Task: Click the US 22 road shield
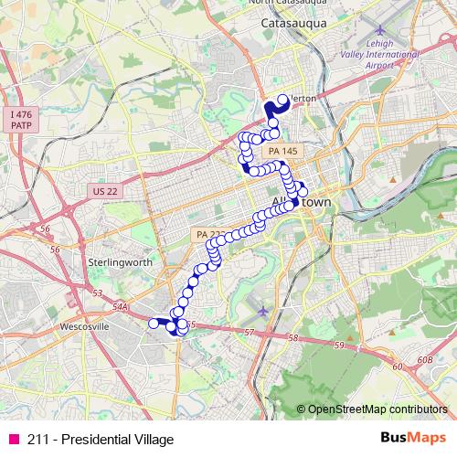coord(105,189)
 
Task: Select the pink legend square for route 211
coord(13,439)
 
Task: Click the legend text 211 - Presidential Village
coord(100,439)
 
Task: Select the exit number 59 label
coord(339,345)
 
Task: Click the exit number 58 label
coord(293,338)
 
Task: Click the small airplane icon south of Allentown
coord(265,312)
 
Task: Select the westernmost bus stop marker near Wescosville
coord(154,322)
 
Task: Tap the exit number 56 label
coord(55,249)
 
